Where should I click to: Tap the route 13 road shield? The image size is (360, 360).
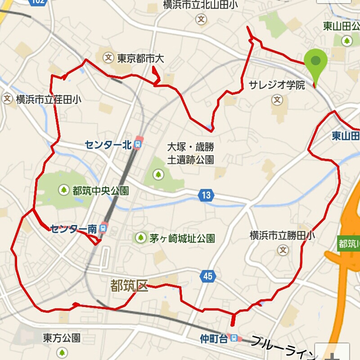206,195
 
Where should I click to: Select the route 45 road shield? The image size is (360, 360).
207,276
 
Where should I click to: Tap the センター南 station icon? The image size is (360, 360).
104,229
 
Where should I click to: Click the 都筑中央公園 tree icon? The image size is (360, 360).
64,190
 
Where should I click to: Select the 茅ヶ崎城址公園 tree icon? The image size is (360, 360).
141,238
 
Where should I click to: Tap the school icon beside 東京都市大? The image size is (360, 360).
108,58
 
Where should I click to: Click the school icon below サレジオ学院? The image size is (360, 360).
278,99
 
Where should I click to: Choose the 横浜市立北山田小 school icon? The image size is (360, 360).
201,19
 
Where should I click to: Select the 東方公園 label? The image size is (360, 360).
62,337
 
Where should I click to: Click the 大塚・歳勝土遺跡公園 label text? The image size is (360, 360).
190,153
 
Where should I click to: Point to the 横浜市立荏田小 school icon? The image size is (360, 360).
7,99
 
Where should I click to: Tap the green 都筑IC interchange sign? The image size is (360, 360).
349,243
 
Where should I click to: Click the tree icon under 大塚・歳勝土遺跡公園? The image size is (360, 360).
158,173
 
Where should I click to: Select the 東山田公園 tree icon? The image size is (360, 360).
346,41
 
